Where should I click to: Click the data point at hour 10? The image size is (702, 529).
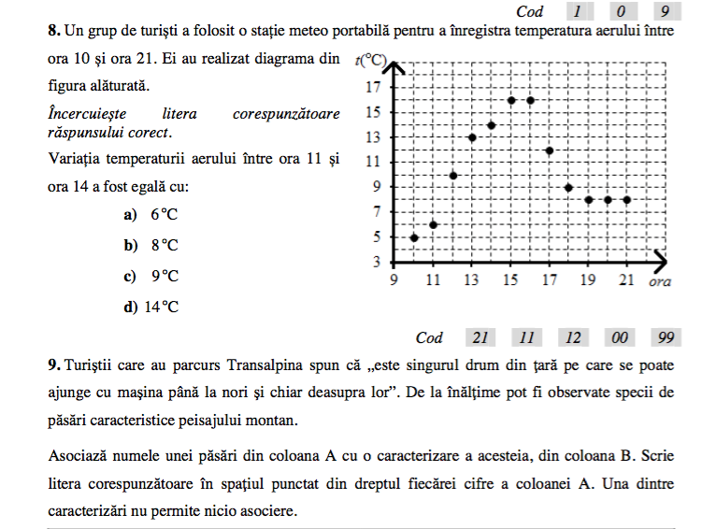pyautogui.click(x=414, y=237)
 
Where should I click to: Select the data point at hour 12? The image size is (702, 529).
pyautogui.click(x=453, y=175)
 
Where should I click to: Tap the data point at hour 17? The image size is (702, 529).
pyautogui.click(x=550, y=150)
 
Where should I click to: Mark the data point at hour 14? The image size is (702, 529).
pyautogui.click(x=492, y=125)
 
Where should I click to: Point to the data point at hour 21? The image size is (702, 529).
pyautogui.click(x=626, y=200)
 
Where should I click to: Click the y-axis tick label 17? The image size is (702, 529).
pyautogui.click(x=373, y=87)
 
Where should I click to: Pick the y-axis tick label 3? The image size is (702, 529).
pyautogui.click(x=377, y=261)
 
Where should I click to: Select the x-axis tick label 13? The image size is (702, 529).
pyautogui.click(x=472, y=280)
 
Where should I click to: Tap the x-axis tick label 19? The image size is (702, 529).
pyautogui.click(x=588, y=280)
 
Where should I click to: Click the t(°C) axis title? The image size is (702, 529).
pyautogui.click(x=371, y=62)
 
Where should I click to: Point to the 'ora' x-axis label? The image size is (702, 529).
pyautogui.click(x=660, y=280)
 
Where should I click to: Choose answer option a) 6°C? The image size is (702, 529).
pyautogui.click(x=150, y=215)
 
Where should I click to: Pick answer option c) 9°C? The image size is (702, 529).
pyautogui.click(x=150, y=277)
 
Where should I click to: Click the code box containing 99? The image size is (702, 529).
pyautogui.click(x=666, y=337)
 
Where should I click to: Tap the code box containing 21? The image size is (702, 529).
pyautogui.click(x=480, y=337)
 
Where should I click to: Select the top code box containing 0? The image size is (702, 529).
pyautogui.click(x=622, y=11)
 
